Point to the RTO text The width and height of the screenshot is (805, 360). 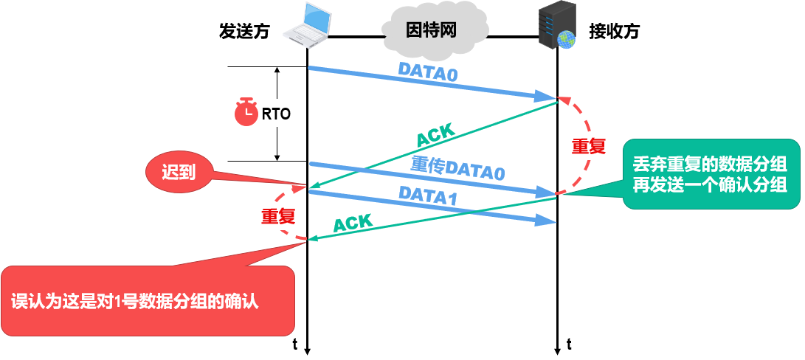pyautogui.click(x=277, y=114)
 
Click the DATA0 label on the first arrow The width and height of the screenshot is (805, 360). pyautogui.click(x=428, y=71)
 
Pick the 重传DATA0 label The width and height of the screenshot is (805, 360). pyautogui.click(x=457, y=169)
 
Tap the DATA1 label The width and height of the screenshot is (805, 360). pyautogui.click(x=428, y=196)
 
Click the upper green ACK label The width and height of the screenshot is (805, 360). pyautogui.click(x=436, y=136)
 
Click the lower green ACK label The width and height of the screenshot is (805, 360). pyautogui.click(x=353, y=223)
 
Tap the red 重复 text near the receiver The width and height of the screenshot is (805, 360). pyautogui.click(x=588, y=146)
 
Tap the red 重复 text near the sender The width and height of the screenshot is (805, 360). pyautogui.click(x=278, y=216)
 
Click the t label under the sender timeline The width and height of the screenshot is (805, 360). pyautogui.click(x=295, y=344)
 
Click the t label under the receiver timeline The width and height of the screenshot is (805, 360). pyautogui.click(x=569, y=344)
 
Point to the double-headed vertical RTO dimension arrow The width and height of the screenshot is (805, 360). pyautogui.click(x=277, y=89)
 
